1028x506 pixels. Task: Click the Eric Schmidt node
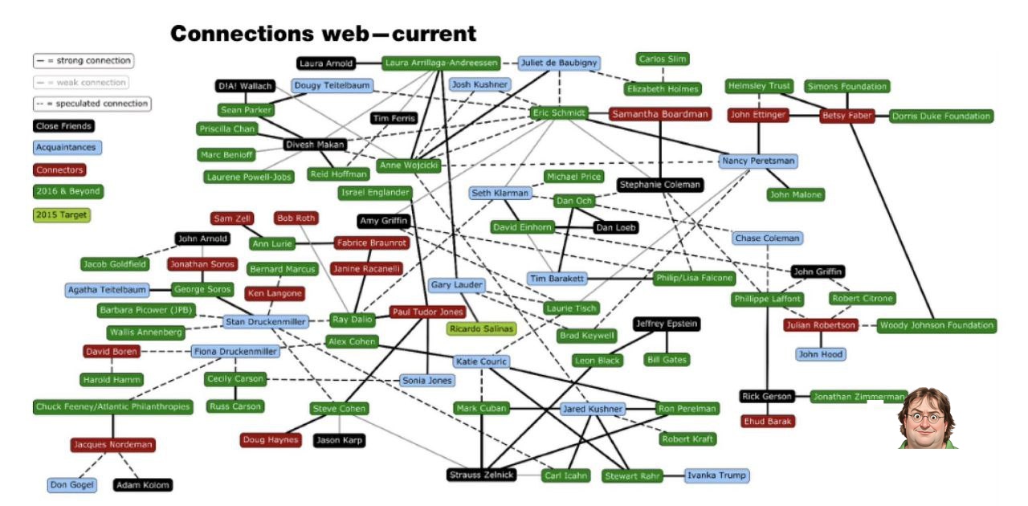coord(561,113)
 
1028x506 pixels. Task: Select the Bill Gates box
coord(667,360)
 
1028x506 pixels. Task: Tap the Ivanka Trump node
coord(716,475)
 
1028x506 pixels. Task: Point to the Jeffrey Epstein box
coord(666,324)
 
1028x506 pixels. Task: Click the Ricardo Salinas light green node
coord(481,328)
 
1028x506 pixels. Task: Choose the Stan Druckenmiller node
coord(266,322)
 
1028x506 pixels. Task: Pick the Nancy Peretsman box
coord(758,161)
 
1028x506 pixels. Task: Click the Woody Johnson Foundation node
coord(936,325)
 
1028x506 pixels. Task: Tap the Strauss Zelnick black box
coord(481,475)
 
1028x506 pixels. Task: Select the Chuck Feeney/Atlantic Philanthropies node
coord(113,407)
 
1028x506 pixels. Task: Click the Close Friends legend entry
coord(63,126)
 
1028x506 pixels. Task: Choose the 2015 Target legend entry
coord(61,215)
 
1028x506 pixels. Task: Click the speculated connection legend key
coord(92,104)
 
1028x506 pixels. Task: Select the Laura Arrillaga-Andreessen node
coord(442,63)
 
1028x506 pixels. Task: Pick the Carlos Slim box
coord(663,59)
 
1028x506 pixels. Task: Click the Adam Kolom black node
coord(143,485)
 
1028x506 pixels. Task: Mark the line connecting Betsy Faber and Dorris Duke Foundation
coord(882,116)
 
